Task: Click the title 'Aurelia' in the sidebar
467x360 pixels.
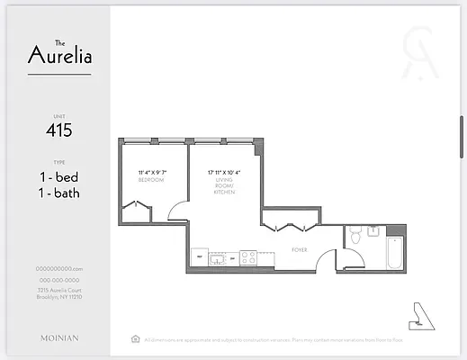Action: click(59, 56)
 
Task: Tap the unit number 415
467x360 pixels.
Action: click(58, 130)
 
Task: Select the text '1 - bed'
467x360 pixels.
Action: click(58, 176)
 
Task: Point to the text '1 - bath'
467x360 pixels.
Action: click(58, 193)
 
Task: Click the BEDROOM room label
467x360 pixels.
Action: click(150, 180)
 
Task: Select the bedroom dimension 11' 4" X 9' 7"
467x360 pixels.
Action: click(151, 172)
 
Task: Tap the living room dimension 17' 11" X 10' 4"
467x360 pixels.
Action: click(223, 172)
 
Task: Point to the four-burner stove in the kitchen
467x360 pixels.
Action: click(247, 258)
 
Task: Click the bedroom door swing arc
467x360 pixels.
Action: click(179, 212)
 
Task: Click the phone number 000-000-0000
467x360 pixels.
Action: click(58, 279)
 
